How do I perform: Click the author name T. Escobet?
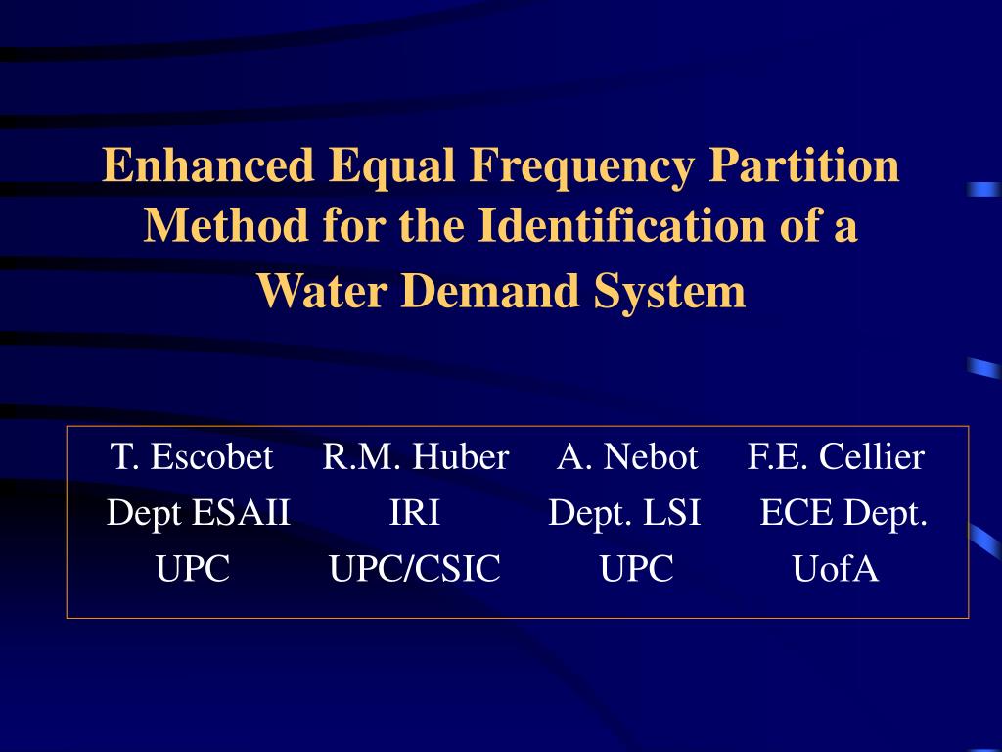(192, 456)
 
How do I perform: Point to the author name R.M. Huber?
(416, 456)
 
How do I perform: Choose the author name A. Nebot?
(627, 456)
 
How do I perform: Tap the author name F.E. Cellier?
(836, 456)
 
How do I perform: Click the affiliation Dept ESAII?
(199, 512)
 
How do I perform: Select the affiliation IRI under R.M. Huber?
(415, 512)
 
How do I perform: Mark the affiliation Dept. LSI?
(624, 512)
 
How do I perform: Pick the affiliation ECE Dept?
(843, 512)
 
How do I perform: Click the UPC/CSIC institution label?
(415, 569)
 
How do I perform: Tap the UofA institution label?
(836, 569)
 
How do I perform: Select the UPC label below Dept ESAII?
(193, 569)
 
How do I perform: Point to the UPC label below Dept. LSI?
(637, 569)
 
